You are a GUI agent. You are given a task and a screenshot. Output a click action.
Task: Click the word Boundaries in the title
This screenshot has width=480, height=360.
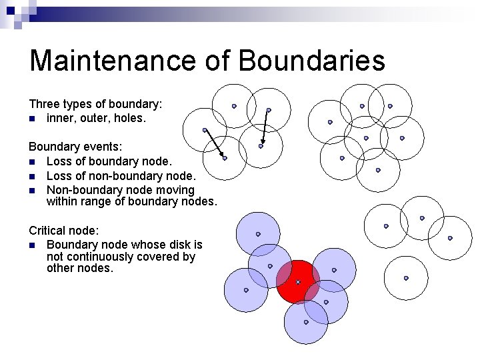point(311,61)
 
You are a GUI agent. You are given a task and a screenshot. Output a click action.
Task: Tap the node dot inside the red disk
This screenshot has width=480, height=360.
point(298,282)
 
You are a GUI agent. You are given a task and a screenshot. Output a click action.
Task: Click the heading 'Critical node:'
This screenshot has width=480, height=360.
point(64,231)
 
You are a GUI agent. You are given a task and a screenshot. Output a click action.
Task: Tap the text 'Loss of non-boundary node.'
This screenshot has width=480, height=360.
point(121,176)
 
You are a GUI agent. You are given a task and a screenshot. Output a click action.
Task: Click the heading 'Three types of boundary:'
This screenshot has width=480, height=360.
point(96,104)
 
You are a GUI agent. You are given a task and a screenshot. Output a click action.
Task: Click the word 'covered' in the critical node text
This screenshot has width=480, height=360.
point(161,257)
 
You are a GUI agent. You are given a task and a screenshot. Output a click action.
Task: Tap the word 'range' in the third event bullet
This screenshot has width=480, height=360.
point(97,201)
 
